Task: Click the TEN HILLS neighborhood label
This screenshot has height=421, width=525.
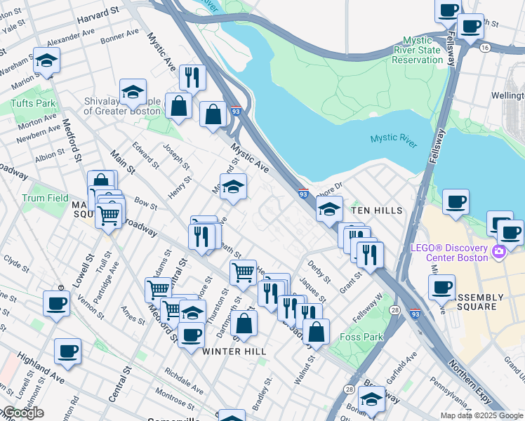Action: pos(377,210)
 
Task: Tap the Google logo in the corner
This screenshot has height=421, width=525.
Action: pos(22,413)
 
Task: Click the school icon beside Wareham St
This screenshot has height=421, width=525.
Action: pos(47,61)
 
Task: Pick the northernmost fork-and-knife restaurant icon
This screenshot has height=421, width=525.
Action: pos(192,76)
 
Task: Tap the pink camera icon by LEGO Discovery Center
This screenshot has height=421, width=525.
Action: pos(500,251)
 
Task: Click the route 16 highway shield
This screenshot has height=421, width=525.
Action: pos(485,47)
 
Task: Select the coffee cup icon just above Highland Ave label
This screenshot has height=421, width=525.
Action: pos(67,352)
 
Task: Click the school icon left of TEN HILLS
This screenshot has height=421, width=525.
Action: pos(328,208)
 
